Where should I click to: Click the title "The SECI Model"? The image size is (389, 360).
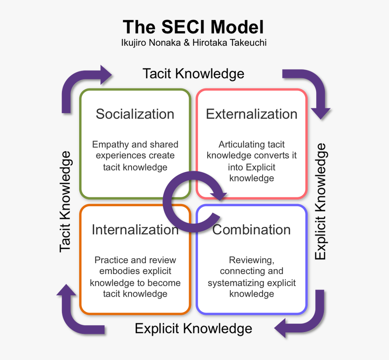193,27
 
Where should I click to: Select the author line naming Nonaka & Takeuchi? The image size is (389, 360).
193,43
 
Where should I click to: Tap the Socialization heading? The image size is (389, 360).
135,114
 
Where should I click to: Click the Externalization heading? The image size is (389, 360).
251,114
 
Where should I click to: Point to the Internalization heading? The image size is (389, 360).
135,230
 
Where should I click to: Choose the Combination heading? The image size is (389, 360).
251,230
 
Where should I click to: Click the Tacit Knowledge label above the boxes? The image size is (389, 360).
193,74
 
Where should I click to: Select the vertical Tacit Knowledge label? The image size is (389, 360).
66,201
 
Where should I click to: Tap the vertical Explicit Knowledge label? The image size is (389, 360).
320,201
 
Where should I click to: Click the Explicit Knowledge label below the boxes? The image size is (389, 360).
193,328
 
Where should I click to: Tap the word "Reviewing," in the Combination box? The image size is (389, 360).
251,261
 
